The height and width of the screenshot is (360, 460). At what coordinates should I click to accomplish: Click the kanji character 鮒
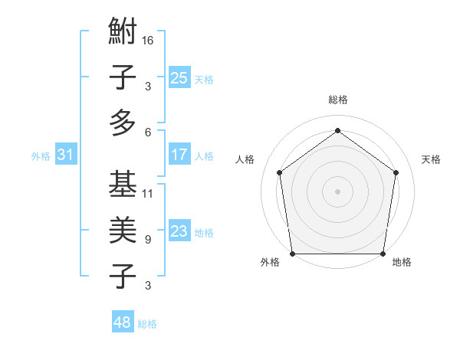123,33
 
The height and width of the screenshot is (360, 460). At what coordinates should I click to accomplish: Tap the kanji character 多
123,123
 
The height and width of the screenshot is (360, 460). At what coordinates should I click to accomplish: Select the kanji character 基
123,185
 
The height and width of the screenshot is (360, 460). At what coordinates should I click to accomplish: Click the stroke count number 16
149,41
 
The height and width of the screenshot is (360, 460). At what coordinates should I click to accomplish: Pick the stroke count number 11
148,193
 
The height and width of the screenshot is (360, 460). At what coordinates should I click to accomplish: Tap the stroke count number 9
147,239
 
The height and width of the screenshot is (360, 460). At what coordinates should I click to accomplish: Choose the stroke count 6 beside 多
147,133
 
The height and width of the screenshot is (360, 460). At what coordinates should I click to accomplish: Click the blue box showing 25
179,78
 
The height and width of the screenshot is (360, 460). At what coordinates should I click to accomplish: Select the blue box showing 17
179,155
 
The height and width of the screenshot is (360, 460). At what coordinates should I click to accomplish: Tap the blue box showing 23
179,231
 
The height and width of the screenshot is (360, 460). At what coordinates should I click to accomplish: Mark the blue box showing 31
65,155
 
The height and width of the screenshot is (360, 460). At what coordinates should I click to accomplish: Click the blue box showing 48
123,322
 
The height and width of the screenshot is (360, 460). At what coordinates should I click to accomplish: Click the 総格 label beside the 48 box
147,324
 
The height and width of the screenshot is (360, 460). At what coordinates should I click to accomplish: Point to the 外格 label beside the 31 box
41,156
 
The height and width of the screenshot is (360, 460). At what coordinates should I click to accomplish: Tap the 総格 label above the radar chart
337,100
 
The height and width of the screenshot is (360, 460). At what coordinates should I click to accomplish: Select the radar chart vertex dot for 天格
396,172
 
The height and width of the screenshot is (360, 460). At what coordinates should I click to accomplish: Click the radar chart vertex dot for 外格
292,254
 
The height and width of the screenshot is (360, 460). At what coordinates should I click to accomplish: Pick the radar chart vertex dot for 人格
279,172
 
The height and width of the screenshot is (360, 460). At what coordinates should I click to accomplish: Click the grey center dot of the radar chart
337,191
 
